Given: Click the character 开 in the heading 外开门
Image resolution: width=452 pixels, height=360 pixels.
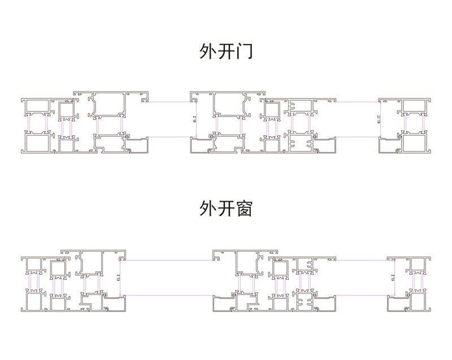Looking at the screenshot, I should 226,53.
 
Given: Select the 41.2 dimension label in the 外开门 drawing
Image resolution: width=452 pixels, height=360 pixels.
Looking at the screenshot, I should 194,120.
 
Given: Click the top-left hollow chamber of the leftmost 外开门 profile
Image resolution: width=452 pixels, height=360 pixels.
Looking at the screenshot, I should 36,106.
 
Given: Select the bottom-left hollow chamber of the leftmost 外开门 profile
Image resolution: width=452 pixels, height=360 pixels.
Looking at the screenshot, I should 36,143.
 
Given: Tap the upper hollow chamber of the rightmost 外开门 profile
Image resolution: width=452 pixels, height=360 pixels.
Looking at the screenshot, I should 415,106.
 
